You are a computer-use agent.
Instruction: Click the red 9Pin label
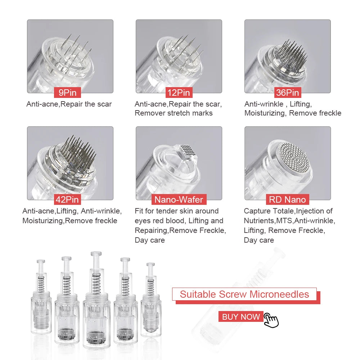[x=68, y=93]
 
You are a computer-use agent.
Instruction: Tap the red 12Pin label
[x=179, y=93]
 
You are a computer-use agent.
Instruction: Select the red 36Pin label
[x=287, y=93]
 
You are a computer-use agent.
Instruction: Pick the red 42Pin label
[x=67, y=199]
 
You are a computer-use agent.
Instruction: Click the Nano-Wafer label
[x=179, y=199]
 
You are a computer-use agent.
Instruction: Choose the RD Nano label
[x=287, y=199]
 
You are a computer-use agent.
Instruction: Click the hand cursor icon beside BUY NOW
[x=271, y=320]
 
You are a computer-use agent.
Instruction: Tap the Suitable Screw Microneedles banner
[x=244, y=294]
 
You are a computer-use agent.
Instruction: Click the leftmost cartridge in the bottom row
[x=39, y=301]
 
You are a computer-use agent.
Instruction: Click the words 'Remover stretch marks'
[x=174, y=113]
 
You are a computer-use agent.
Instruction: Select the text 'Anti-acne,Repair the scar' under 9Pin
[x=69, y=104]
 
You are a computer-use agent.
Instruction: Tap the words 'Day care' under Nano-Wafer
[x=150, y=240]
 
